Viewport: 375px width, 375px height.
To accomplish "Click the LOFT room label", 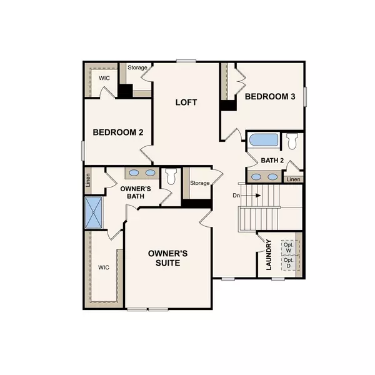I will (x=186, y=102).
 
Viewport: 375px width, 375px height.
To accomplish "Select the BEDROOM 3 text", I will (x=270, y=96).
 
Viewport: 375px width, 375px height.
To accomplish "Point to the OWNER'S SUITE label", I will (x=168, y=258).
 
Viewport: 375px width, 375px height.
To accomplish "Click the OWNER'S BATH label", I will (x=132, y=192).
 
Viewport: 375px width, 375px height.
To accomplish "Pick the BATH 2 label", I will (x=272, y=160).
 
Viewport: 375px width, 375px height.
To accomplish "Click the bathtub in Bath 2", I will (x=262, y=140).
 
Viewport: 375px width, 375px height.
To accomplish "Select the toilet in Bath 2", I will (x=292, y=141).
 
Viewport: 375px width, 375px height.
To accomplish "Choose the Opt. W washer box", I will (x=288, y=247).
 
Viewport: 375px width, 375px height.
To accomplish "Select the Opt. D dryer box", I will (x=288, y=263).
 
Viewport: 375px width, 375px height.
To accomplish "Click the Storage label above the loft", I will (x=137, y=67).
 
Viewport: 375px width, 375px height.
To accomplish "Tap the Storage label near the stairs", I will (x=199, y=183).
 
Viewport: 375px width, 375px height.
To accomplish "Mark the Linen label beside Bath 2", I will (x=292, y=180).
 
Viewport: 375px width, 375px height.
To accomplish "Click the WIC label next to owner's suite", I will (x=103, y=267).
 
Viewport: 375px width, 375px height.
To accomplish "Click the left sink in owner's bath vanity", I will (x=134, y=173).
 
